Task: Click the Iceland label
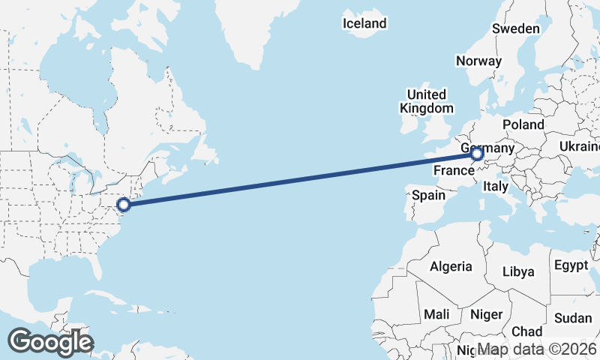(x=364, y=23)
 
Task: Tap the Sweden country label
(x=516, y=28)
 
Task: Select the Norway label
(x=478, y=61)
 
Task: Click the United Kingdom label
(x=426, y=101)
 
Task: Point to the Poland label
(x=523, y=124)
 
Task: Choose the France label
(x=453, y=171)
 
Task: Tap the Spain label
(x=429, y=196)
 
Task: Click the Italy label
(x=496, y=186)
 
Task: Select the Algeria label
(x=451, y=266)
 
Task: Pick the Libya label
(x=519, y=271)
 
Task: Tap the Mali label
(x=436, y=314)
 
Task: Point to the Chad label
(x=526, y=331)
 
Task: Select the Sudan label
(x=573, y=318)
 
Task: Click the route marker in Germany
(x=477, y=154)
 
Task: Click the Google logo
(x=50, y=342)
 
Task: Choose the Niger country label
(x=486, y=314)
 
